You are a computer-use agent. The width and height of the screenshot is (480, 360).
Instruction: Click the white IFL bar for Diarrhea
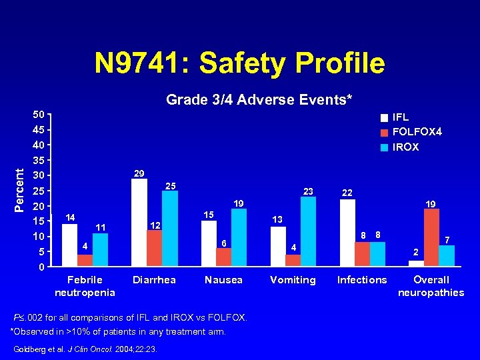click(x=139, y=223)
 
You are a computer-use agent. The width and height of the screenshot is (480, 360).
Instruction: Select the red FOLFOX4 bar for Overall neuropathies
click(x=431, y=237)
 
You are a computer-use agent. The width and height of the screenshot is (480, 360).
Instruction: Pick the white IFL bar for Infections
click(x=347, y=233)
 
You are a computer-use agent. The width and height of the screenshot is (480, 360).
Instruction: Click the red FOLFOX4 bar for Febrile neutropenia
click(x=85, y=260)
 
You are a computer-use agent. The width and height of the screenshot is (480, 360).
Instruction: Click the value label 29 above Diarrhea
click(x=139, y=173)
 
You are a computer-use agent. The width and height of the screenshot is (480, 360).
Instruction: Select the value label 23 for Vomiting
click(x=308, y=191)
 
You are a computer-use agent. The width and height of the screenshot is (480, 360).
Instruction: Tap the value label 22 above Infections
click(x=347, y=193)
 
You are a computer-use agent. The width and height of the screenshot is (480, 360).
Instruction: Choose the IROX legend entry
click(x=406, y=147)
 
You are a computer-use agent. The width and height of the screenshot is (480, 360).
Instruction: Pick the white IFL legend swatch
click(x=384, y=118)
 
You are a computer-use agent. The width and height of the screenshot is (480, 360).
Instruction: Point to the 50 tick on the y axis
click(x=39, y=115)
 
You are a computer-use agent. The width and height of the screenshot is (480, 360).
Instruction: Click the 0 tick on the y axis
click(x=42, y=268)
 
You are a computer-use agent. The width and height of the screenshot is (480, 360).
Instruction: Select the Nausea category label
click(x=223, y=280)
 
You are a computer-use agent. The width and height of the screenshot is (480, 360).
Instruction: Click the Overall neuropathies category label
click(x=431, y=286)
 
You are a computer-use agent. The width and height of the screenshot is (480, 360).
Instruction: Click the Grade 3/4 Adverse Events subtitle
click(x=259, y=100)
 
